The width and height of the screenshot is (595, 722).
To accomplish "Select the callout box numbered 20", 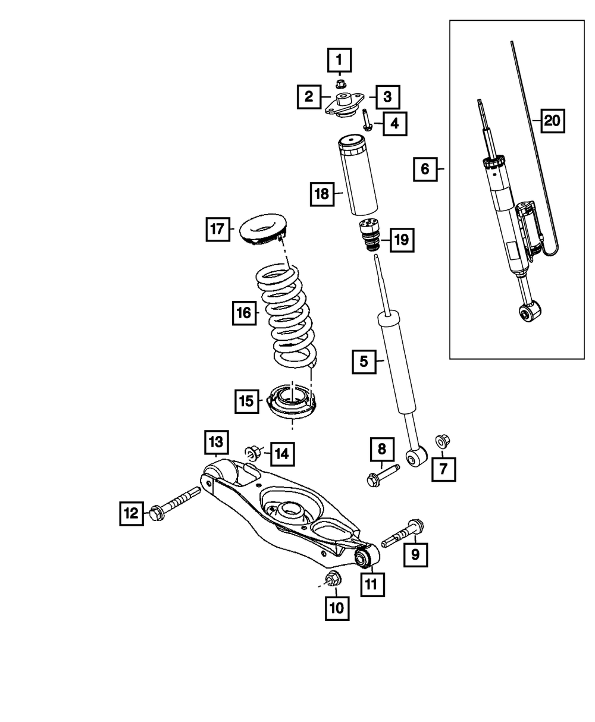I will tap(552, 121).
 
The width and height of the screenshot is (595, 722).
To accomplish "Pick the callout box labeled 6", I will tap(425, 169).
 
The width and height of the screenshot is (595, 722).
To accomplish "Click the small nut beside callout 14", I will tap(252, 454).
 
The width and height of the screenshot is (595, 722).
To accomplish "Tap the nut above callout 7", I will tap(441, 441).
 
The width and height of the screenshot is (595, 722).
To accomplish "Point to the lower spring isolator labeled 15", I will tap(292, 404).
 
